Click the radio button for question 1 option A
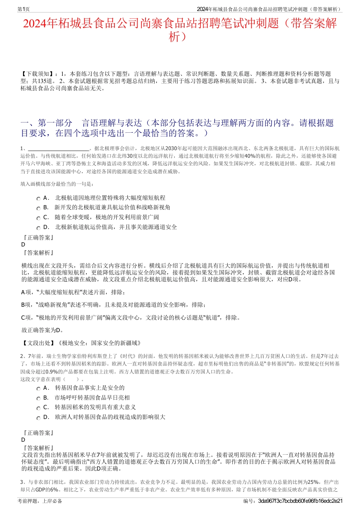[x=39, y=199]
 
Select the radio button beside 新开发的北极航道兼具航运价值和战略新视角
[x=39, y=208]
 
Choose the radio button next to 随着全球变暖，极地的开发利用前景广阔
[x=39, y=218]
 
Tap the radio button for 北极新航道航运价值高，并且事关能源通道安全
[x=39, y=228]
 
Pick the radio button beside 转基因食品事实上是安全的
[x=39, y=389]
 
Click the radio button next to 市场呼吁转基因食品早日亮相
[x=39, y=399]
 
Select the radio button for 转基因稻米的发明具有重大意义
[x=39, y=408]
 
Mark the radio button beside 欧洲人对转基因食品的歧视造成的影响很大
[x=39, y=418]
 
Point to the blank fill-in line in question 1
[x=58, y=149]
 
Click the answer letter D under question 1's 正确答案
[x=23, y=245]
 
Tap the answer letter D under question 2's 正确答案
[x=23, y=440]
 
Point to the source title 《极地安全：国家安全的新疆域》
[x=100, y=343]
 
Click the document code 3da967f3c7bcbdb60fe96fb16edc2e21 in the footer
[x=300, y=501]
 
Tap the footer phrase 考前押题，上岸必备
[x=40, y=501]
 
